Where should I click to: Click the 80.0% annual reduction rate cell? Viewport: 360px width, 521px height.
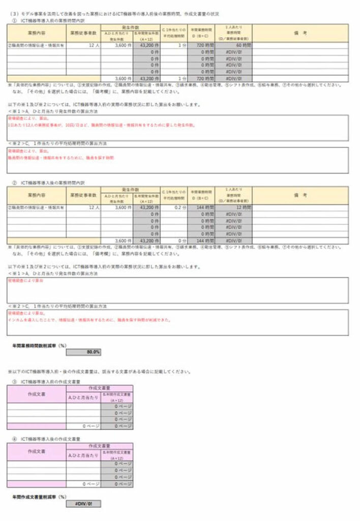[x=83, y=352]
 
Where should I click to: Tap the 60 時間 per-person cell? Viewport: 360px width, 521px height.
[x=234, y=45]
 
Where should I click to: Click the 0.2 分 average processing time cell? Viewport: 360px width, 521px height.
[x=174, y=208]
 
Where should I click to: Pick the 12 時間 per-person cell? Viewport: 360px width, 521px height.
[x=234, y=208]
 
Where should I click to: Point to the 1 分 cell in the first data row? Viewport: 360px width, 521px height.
[x=174, y=45]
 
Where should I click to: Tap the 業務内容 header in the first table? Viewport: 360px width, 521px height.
[x=37, y=33]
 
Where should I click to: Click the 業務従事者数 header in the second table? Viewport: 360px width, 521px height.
[x=83, y=195]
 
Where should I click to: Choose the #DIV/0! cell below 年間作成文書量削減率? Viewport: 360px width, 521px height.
[x=83, y=504]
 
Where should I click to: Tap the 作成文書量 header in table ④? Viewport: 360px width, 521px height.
[x=100, y=445]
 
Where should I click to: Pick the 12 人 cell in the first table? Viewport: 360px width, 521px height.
[x=83, y=45]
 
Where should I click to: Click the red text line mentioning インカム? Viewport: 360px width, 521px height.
[x=89, y=320]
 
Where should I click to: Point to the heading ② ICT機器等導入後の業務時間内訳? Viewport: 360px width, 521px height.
[x=51, y=182]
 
